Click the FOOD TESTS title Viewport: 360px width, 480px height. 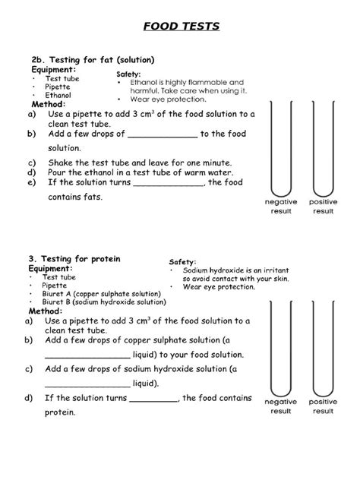point(182,27)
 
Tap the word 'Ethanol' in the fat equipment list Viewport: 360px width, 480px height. point(58,96)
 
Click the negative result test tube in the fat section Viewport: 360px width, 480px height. point(281,152)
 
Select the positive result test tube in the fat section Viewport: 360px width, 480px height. point(323,152)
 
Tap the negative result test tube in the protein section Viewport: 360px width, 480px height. point(281,349)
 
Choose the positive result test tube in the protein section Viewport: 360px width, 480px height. point(323,349)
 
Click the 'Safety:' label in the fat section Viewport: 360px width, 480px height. point(128,74)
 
